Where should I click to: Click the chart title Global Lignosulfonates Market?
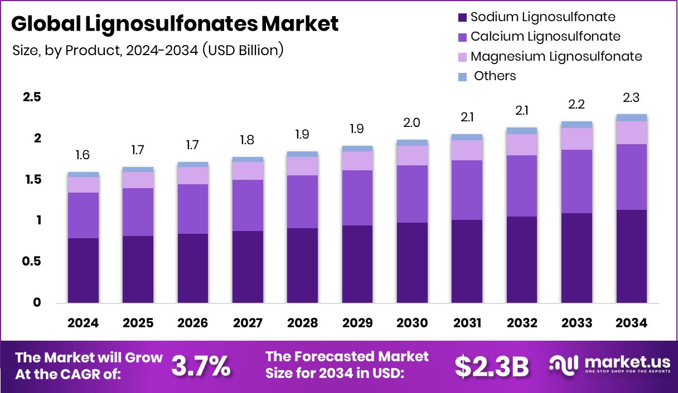point(175,24)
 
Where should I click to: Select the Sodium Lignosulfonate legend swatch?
point(462,17)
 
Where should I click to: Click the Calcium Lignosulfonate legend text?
point(545,37)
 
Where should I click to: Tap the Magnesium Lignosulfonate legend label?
point(556,56)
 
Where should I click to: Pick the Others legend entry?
point(495,76)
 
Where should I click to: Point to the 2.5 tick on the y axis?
point(31,97)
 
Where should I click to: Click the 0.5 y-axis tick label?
point(31,262)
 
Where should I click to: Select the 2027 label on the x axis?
point(248,323)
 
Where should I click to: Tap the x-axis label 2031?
point(467,323)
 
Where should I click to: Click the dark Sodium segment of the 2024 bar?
point(83,271)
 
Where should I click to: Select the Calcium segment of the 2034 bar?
point(631,177)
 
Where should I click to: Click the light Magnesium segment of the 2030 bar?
point(412,155)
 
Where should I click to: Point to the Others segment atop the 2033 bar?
point(577,125)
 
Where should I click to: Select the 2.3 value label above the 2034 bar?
point(631,98)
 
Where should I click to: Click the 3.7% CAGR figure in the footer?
point(201,365)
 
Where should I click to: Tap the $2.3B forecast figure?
point(491,365)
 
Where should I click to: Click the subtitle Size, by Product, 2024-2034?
point(148,50)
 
